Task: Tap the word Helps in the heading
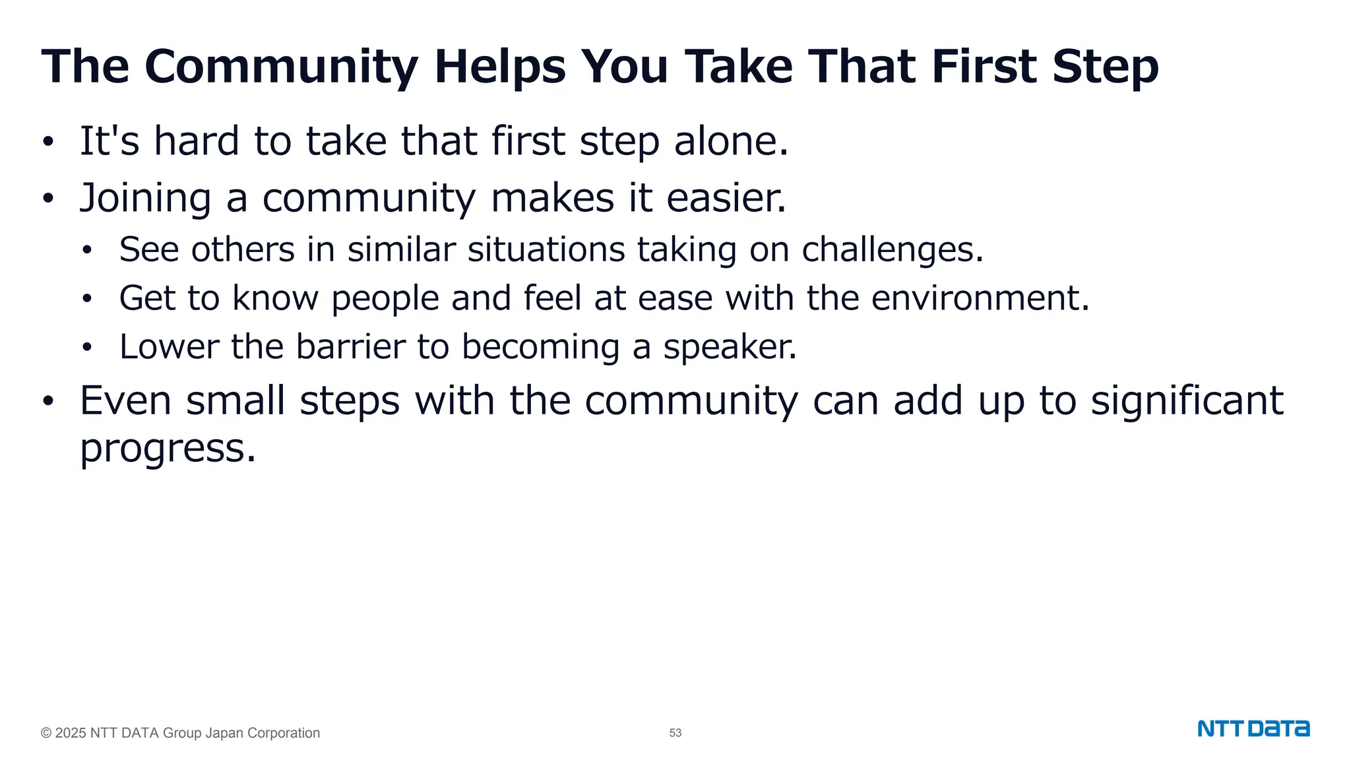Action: pos(500,67)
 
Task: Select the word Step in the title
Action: pos(1106,67)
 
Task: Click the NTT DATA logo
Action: pos(1253,729)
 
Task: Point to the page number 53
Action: pos(675,733)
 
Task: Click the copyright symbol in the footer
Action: pos(46,733)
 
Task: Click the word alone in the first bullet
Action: pos(730,141)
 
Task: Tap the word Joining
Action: pos(146,198)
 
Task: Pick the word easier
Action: pos(726,198)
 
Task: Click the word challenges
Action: pos(892,249)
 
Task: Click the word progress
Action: pos(167,449)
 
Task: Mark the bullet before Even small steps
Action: pos(47,402)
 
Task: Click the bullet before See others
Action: pos(87,251)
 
